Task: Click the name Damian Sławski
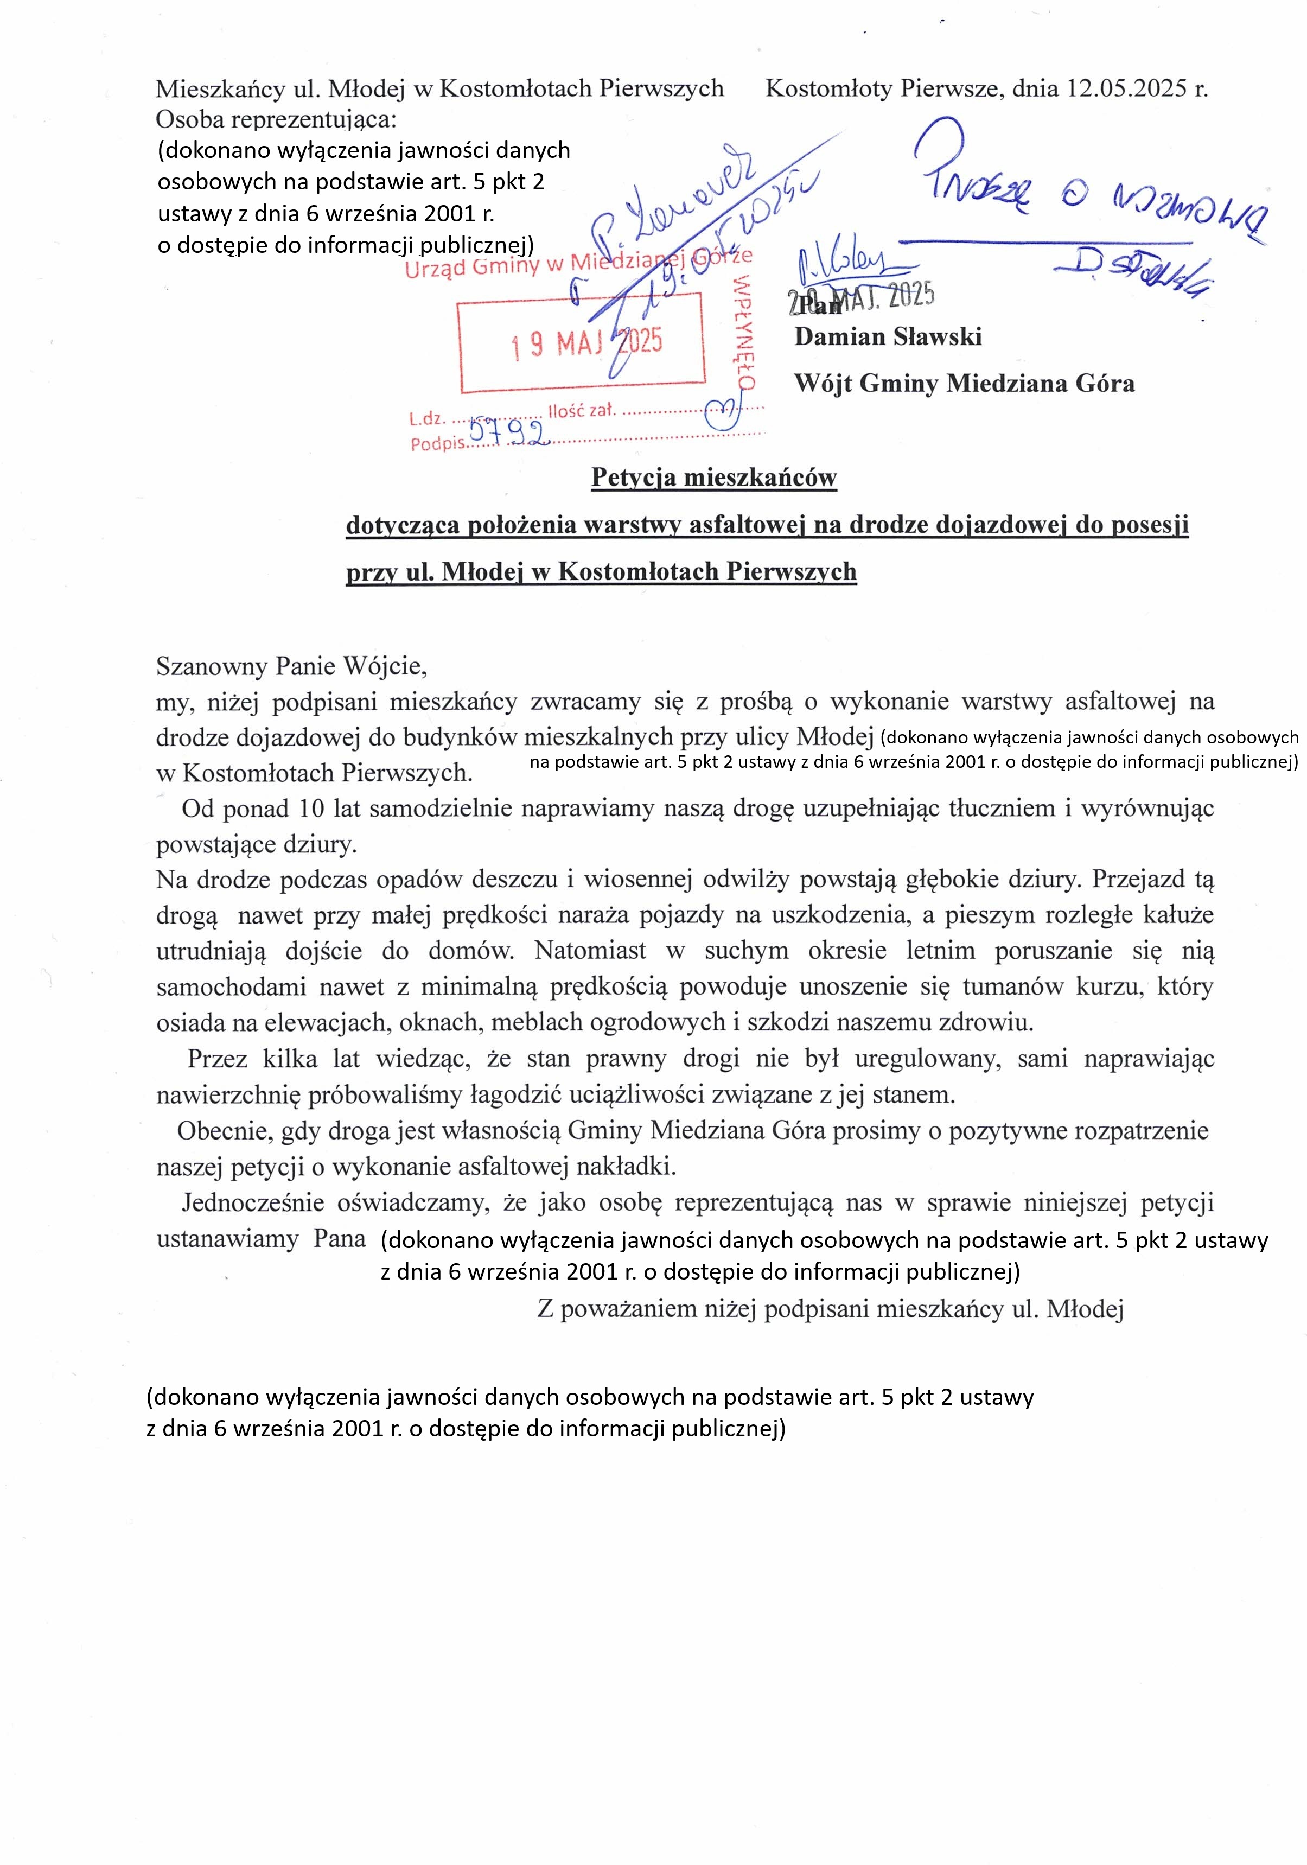888,336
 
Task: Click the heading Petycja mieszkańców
713,477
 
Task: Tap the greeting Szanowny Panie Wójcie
291,666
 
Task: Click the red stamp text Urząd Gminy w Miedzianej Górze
578,263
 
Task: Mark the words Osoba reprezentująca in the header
276,119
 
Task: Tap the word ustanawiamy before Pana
227,1239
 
